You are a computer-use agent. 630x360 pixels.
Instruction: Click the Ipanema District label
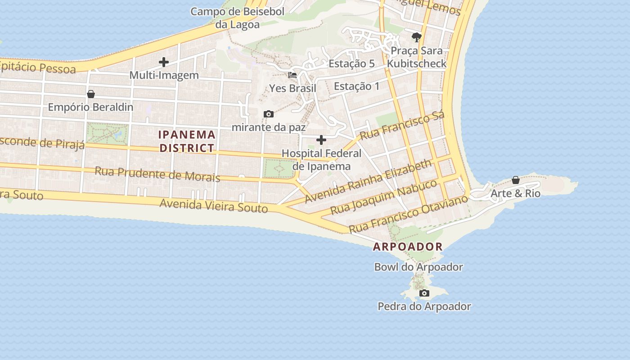(187, 141)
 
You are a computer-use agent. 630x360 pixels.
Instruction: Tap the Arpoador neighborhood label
(408, 247)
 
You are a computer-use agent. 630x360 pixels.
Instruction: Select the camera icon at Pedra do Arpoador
(424, 293)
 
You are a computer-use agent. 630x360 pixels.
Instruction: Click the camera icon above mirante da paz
(269, 114)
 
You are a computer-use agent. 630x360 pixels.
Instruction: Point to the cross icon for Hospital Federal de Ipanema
(321, 140)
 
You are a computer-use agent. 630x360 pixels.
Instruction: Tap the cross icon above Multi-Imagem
(164, 62)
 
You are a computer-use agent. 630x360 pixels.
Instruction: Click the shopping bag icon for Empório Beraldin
(91, 94)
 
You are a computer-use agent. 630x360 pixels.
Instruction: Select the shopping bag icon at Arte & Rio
(516, 180)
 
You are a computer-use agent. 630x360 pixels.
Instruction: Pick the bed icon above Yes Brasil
(292, 75)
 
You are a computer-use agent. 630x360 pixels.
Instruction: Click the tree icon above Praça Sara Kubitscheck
(417, 37)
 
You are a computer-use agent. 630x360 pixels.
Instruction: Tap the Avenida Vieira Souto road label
(214, 206)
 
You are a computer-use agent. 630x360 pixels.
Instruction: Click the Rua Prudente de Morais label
(157, 174)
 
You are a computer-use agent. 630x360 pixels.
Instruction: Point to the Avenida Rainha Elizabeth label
(368, 181)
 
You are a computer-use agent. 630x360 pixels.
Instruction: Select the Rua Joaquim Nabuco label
(383, 197)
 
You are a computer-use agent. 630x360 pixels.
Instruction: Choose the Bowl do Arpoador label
(418, 267)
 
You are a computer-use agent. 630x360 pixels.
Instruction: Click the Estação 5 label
(351, 63)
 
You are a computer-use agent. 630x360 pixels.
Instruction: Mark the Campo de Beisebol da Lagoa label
(237, 18)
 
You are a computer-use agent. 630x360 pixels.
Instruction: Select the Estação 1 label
(357, 86)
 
